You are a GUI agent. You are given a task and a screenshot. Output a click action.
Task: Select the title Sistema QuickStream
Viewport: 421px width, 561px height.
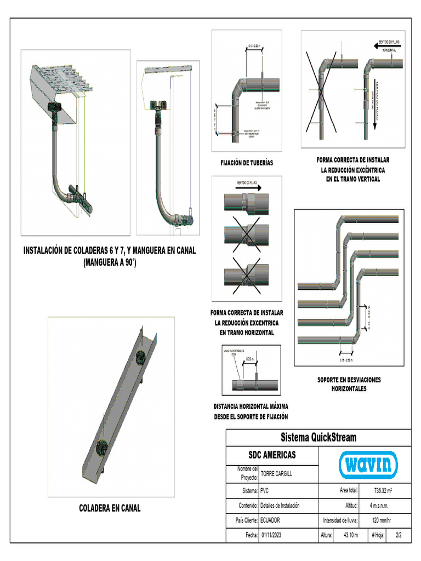[318, 437]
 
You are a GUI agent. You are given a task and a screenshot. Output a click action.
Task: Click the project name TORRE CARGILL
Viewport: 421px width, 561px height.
[277, 473]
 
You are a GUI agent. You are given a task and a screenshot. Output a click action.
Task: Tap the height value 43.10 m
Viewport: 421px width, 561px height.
[351, 535]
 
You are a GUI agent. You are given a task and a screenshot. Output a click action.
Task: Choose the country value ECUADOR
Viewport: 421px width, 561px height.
[274, 520]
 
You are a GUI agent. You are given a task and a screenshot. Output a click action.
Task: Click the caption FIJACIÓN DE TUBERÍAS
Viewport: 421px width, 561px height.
[247, 163]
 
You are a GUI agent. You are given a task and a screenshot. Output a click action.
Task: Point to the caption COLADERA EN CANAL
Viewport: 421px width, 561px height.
[110, 508]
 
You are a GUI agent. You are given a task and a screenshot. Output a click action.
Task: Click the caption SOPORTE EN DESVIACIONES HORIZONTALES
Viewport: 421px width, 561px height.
[349, 384]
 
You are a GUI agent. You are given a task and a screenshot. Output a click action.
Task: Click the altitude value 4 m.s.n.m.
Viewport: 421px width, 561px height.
[382, 505]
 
